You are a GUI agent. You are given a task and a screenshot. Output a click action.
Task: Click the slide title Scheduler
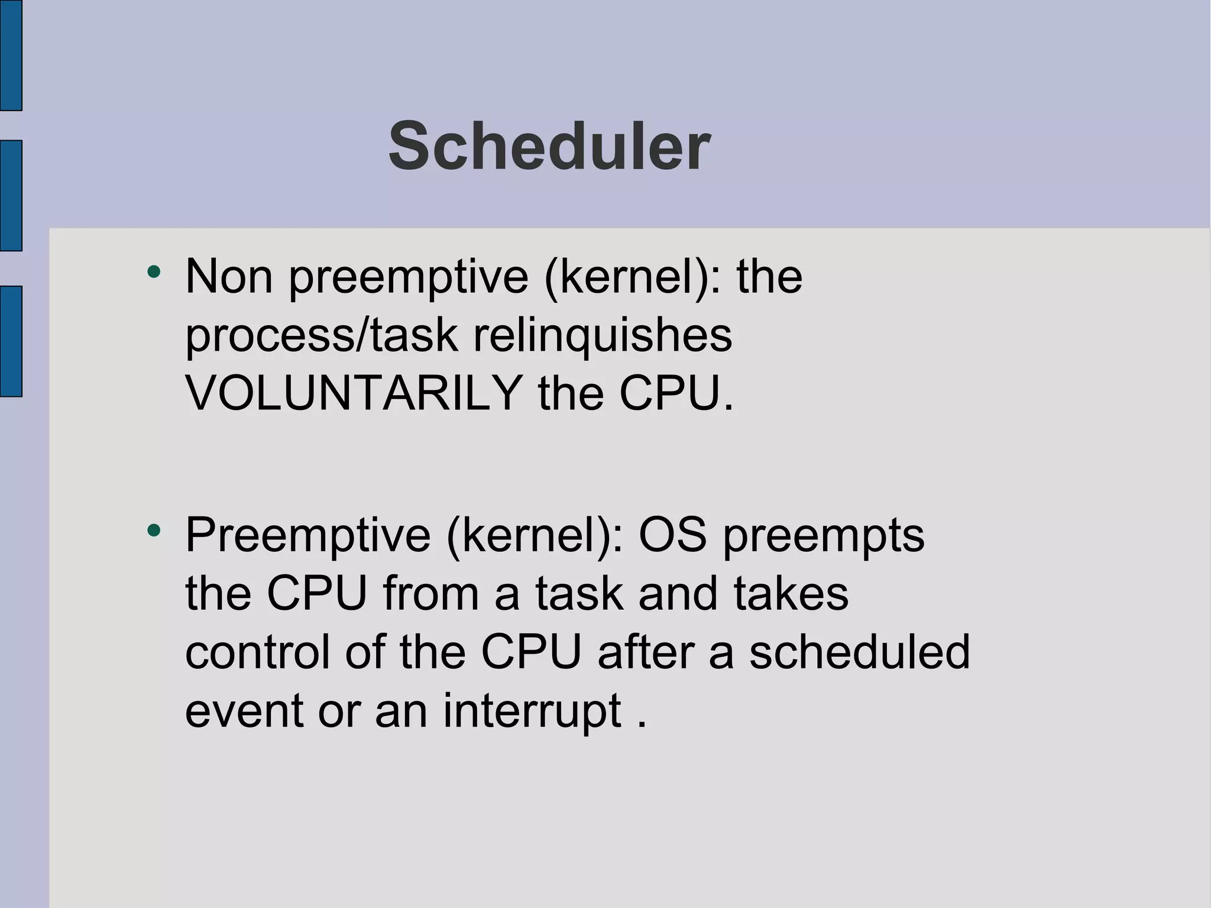coord(549,146)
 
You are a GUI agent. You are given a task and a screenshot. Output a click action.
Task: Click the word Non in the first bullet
coord(229,276)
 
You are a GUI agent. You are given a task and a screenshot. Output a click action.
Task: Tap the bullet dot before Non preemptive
coord(154,272)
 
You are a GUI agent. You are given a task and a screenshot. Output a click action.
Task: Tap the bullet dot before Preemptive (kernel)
coord(154,530)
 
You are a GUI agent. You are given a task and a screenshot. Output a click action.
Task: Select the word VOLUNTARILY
coord(353,393)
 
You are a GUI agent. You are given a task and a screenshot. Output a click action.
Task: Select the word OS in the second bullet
coord(672,535)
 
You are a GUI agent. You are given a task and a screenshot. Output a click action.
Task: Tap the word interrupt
coord(532,710)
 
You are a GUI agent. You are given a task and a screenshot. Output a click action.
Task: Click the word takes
coord(791,593)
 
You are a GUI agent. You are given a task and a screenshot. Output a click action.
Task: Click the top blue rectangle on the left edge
coord(11,54)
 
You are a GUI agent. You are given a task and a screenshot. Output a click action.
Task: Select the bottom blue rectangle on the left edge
coord(11,341)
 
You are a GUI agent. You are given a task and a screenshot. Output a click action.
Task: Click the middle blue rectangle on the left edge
coord(11,196)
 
